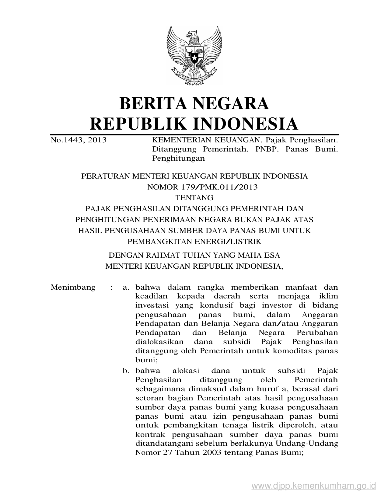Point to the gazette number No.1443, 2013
point(79,140)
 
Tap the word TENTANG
point(194,198)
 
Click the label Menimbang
point(73,288)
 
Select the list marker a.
point(126,288)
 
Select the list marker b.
point(126,371)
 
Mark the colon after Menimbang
point(112,288)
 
